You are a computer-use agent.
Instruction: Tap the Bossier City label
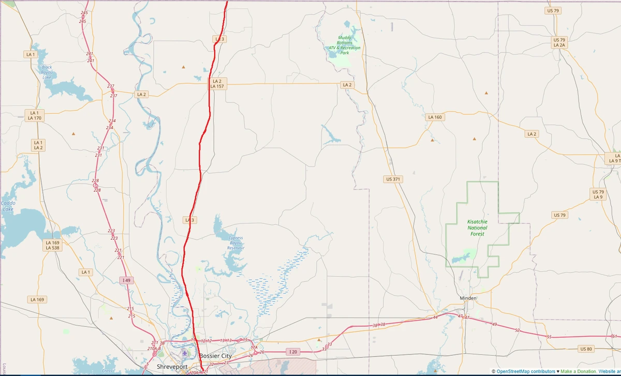(215, 356)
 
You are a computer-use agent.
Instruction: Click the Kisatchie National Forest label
(477, 228)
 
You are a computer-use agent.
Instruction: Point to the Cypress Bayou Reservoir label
(235, 243)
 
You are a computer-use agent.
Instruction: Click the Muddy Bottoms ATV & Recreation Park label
(344, 45)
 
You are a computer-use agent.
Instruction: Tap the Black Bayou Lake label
(47, 72)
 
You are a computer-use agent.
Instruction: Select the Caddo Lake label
(7, 206)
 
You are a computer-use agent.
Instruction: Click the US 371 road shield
(394, 179)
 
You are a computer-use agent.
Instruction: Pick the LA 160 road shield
(435, 117)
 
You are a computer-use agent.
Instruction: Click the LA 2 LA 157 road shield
(216, 84)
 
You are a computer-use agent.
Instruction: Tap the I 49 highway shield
(125, 280)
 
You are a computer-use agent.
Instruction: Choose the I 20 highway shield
(293, 352)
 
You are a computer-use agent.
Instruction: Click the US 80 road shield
(586, 349)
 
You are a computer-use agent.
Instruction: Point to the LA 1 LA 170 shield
(35, 115)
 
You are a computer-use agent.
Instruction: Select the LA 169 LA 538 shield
(52, 245)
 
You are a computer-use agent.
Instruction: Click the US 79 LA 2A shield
(559, 42)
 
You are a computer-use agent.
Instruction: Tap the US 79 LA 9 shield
(598, 194)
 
